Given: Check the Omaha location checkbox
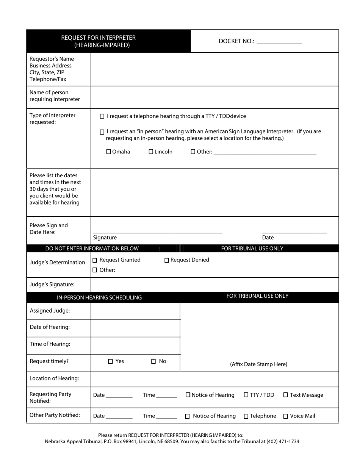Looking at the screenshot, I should click(x=109, y=152).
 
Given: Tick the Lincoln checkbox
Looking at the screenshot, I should click(x=151, y=152).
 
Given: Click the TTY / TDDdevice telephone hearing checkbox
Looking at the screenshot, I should click(x=102, y=116).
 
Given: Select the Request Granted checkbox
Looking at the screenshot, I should click(x=95, y=260).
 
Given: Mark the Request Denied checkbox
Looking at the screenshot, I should click(x=167, y=260).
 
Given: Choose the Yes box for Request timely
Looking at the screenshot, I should click(x=111, y=361).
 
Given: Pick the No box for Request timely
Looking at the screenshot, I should click(x=153, y=361).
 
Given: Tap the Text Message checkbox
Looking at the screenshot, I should click(x=286, y=395).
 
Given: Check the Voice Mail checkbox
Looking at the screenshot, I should click(x=286, y=416).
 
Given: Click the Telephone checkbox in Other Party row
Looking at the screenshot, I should click(x=246, y=416).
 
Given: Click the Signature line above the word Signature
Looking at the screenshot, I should click(x=158, y=231).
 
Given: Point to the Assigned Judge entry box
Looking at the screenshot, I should click(x=135, y=311).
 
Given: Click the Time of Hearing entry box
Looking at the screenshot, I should click(x=135, y=345).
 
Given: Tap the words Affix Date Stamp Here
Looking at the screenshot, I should click(x=258, y=364).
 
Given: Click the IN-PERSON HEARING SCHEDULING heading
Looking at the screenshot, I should click(x=99, y=297).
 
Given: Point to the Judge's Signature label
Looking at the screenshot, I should click(x=52, y=284).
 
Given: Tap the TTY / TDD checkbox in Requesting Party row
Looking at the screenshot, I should click(x=246, y=395).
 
